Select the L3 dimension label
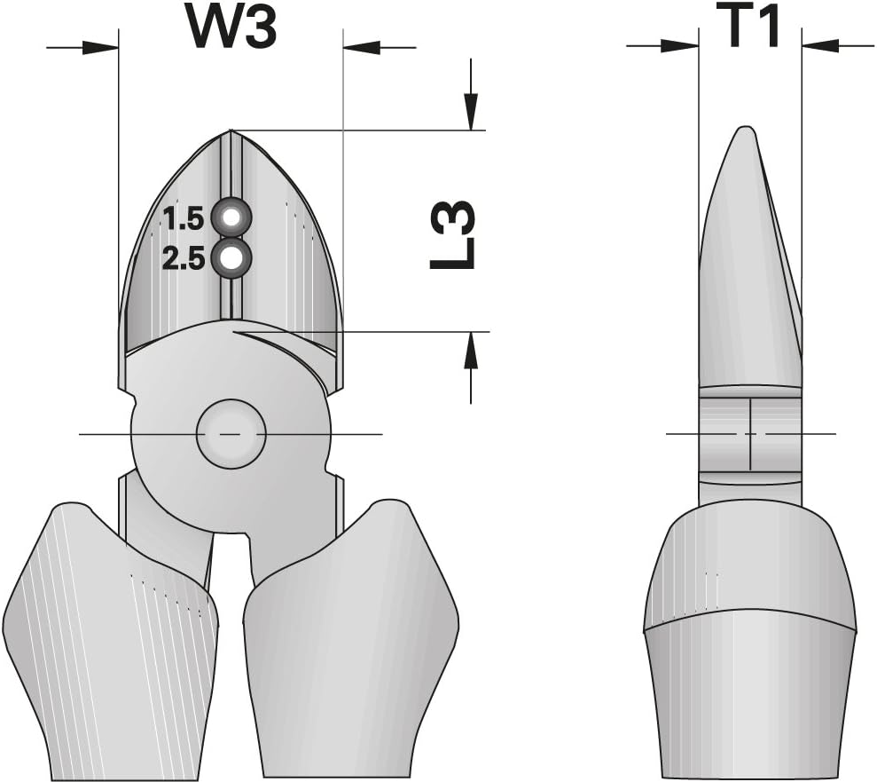452,235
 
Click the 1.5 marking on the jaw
184,217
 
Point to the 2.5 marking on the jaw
184,259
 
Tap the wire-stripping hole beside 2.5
231,258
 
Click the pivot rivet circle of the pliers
231,434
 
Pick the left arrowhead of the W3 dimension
101,48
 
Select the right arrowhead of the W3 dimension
361,48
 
